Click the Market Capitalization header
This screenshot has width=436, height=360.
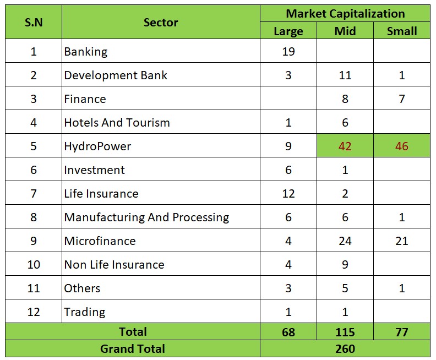[x=345, y=14]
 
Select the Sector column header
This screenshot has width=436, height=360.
[x=161, y=23]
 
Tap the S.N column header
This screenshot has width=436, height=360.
[x=33, y=23]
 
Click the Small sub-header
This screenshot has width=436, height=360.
[x=402, y=31]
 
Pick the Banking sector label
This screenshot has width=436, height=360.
[x=86, y=52]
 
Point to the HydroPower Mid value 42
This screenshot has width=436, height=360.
[x=345, y=146]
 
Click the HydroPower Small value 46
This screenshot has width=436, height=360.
[x=402, y=146]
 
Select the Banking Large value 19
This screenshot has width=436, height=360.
[x=288, y=52]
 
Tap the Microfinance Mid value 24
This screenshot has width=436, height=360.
[x=345, y=241]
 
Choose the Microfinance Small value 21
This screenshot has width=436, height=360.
[x=402, y=241]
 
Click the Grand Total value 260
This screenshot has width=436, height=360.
[x=345, y=348]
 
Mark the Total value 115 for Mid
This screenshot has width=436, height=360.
[x=345, y=332]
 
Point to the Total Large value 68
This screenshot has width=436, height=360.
[x=288, y=332]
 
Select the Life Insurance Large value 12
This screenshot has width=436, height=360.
[x=288, y=194]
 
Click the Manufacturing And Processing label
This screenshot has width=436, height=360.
[x=146, y=217]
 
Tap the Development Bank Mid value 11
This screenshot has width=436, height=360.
[x=345, y=75]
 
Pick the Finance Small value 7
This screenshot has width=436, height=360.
[x=402, y=99]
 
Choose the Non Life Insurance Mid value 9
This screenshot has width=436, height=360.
[x=345, y=265]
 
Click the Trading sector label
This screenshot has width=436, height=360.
[x=85, y=312]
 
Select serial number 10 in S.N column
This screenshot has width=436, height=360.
[x=33, y=265]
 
